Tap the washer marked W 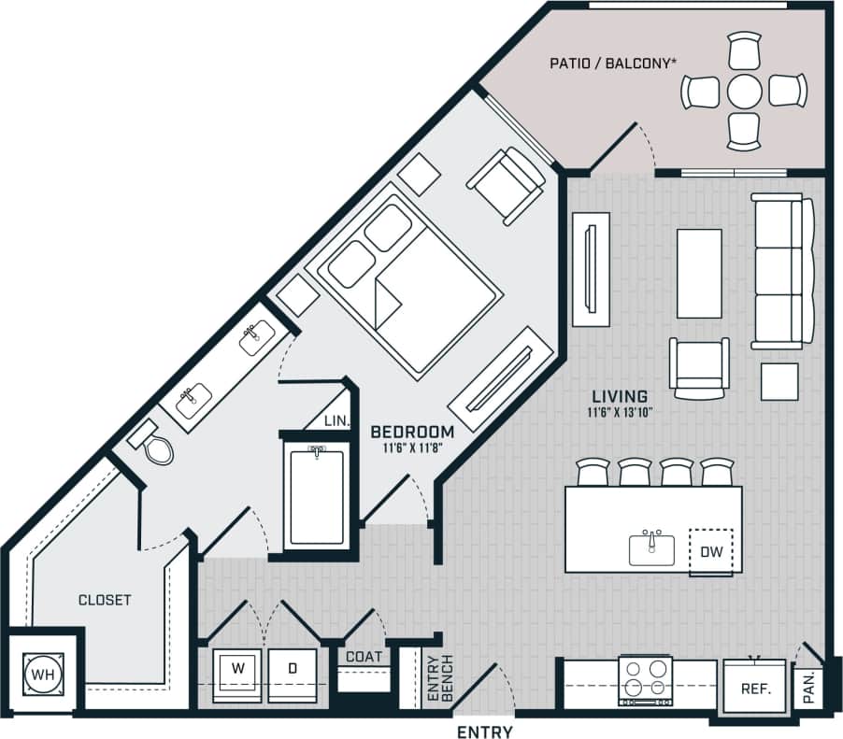[236, 673]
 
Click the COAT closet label [364, 657]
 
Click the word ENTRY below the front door [484, 730]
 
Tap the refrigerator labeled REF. [755, 689]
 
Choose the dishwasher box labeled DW [711, 551]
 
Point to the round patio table [744, 92]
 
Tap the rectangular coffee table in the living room [699, 273]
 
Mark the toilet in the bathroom [156, 446]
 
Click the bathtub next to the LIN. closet [316, 495]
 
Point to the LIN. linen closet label [336, 421]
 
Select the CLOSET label [105, 600]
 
